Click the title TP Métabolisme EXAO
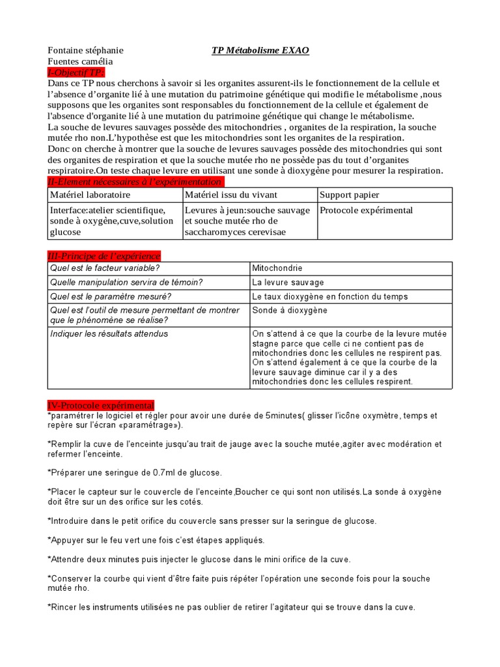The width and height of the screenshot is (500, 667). coord(260,50)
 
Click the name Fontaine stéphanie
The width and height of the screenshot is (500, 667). coord(85,50)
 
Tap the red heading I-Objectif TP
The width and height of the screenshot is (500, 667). coord(76,72)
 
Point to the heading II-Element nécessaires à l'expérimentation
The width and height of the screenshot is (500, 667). coord(135,181)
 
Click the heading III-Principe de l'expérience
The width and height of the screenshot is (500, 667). coord(104,255)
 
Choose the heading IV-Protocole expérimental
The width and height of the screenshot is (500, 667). coord(101,405)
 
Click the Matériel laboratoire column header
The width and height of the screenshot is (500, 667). coord(90,195)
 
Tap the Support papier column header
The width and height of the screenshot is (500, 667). coord(349,195)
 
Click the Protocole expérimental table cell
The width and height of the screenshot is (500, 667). coord(366,210)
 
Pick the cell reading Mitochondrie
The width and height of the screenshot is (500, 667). coord(277,268)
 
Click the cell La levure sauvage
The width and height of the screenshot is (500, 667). coord(288,282)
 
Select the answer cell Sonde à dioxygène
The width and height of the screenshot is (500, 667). coord(290,311)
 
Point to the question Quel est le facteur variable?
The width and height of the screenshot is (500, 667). coord(105,268)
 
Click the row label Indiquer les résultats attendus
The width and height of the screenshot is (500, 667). coord(109,333)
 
